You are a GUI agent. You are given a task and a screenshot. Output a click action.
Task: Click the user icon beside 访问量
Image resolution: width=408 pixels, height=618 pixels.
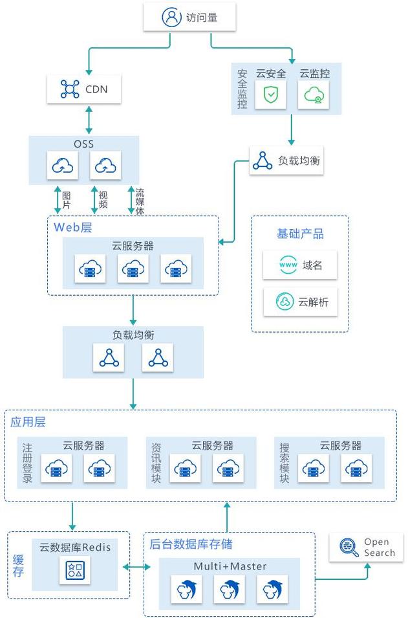[171, 17]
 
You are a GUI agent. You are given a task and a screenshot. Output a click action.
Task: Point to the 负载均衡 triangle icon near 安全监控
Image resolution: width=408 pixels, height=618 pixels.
[262, 160]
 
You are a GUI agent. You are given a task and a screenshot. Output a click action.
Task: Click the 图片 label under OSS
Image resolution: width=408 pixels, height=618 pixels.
[66, 200]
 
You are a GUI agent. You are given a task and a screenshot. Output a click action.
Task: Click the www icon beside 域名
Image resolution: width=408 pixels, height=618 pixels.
[286, 265]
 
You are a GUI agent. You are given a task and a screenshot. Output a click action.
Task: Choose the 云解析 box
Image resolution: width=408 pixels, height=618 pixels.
[300, 302]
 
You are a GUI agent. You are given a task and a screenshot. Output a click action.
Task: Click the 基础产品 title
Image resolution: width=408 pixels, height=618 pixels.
[300, 234]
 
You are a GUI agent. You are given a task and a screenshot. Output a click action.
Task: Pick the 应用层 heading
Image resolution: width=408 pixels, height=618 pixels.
[28, 422]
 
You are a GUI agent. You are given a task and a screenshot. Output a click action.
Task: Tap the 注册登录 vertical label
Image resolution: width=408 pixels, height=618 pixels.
[27, 463]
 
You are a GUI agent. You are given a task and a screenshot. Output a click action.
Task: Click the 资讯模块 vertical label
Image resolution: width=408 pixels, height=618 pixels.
[156, 463]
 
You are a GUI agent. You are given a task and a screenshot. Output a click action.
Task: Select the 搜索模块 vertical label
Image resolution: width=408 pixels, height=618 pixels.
[285, 463]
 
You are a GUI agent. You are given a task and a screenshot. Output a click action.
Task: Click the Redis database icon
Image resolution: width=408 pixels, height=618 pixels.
[75, 571]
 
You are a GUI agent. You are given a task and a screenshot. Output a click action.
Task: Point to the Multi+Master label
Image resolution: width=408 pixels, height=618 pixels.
[230, 567]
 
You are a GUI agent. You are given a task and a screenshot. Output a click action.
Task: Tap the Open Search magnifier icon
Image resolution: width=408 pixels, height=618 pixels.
[348, 547]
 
